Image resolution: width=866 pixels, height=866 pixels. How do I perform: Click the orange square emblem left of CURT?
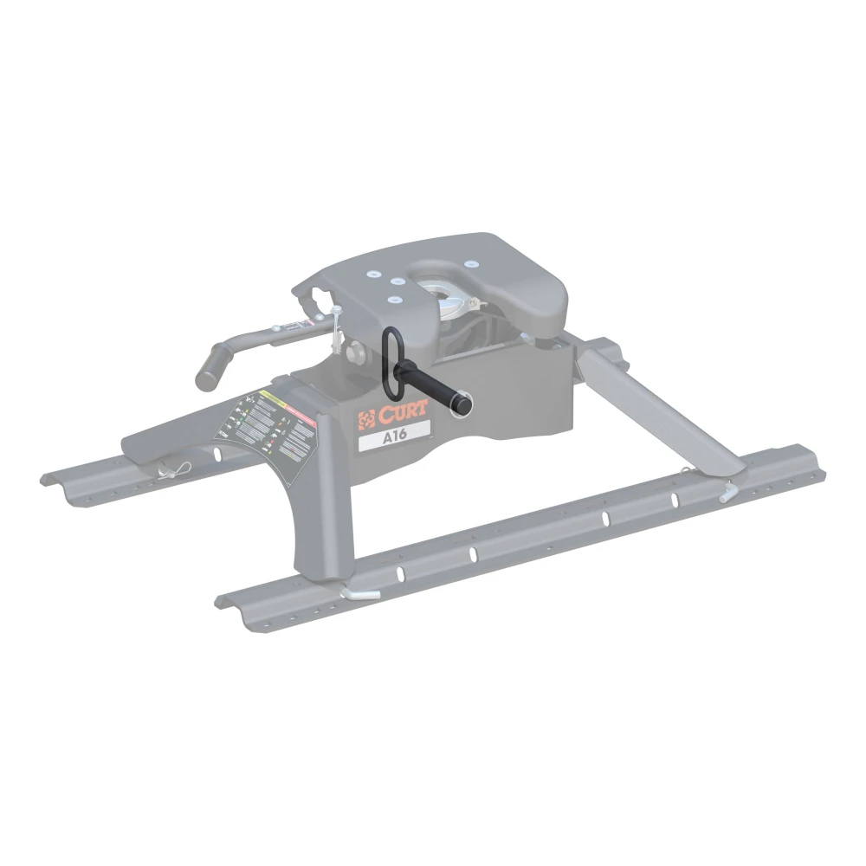tap(365, 417)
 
